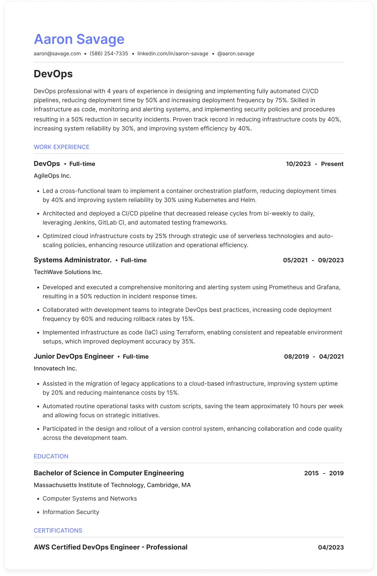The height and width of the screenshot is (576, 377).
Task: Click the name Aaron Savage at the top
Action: pyautogui.click(x=79, y=39)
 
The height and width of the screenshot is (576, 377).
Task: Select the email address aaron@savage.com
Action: pyautogui.click(x=57, y=54)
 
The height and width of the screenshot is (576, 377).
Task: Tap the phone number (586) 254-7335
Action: pyautogui.click(x=109, y=54)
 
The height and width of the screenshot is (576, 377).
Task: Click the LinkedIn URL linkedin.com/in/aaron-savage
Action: pyautogui.click(x=173, y=54)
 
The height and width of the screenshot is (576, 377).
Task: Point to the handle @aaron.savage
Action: pyautogui.click(x=236, y=54)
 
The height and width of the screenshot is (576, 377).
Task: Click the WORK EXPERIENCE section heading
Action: pyautogui.click(x=61, y=147)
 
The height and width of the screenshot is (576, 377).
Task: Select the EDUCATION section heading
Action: pyautogui.click(x=51, y=456)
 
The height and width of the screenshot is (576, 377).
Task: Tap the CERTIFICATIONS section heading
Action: pyautogui.click(x=58, y=530)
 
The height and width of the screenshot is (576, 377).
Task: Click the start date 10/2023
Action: pyautogui.click(x=298, y=164)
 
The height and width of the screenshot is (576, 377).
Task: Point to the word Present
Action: pyautogui.click(x=332, y=164)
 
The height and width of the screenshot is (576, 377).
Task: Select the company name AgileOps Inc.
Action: pyautogui.click(x=52, y=176)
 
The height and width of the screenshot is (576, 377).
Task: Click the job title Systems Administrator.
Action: pyautogui.click(x=73, y=260)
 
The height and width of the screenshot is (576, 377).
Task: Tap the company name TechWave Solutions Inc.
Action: pyautogui.click(x=68, y=272)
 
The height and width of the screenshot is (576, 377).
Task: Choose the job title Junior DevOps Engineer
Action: pyautogui.click(x=74, y=356)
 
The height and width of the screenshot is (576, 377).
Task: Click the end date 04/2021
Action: pyautogui.click(x=331, y=357)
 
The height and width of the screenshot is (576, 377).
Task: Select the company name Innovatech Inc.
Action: pyautogui.click(x=55, y=368)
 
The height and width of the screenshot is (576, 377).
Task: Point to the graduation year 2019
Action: pyautogui.click(x=336, y=473)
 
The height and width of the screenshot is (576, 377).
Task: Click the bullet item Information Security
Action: pyautogui.click(x=71, y=512)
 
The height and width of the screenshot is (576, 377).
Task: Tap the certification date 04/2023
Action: pyautogui.click(x=331, y=547)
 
